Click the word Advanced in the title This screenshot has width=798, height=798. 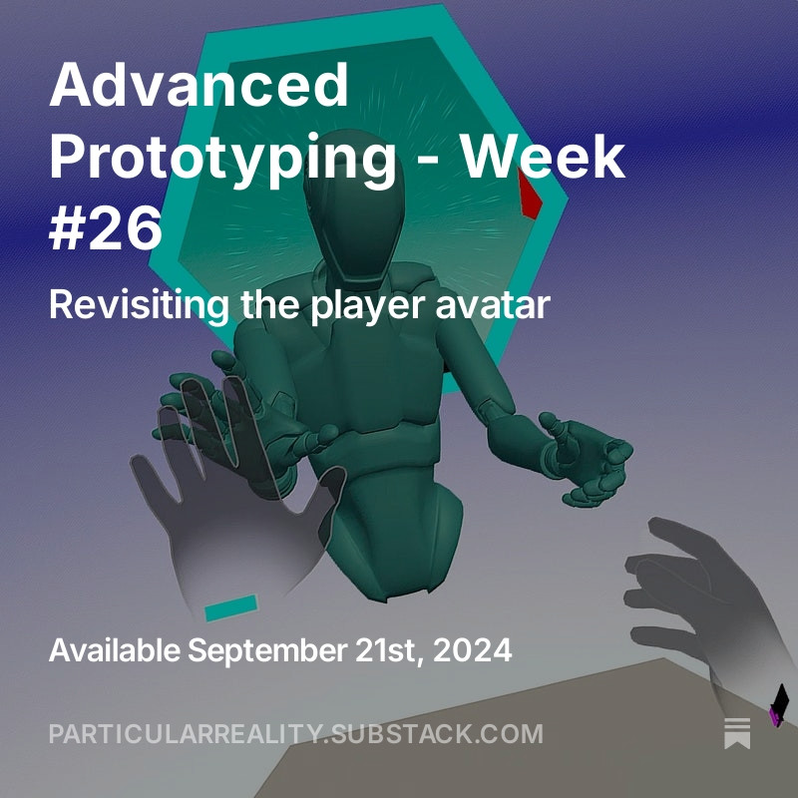coord(199,84)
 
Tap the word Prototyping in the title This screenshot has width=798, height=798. coord(222,159)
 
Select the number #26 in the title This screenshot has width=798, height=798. coord(106,226)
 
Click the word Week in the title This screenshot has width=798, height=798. coord(543,155)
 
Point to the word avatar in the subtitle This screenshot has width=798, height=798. coord(493,304)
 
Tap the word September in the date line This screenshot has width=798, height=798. coord(267,651)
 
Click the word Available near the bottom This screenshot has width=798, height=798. coord(115,649)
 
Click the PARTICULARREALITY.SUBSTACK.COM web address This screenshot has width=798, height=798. coord(296,733)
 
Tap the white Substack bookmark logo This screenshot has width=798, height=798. coord(737,733)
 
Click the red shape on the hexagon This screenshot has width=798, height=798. coord(530,194)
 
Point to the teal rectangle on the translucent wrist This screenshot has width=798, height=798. coord(231,607)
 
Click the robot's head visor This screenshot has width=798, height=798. coord(354,213)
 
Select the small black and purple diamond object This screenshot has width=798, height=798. coord(779,705)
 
